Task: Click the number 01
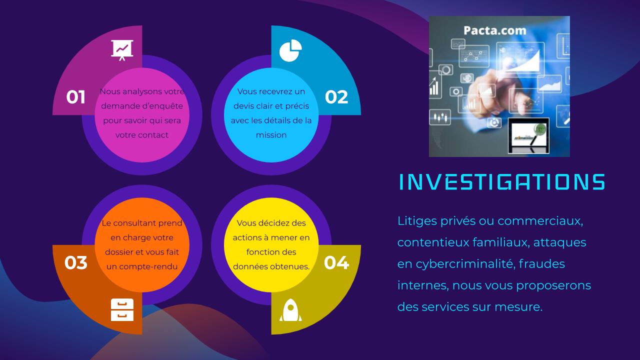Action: pos(76,96)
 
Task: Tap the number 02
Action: pos(336,96)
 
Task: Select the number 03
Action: pos(76,262)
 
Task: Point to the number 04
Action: pos(336,262)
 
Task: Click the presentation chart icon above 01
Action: pos(122,50)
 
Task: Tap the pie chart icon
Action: pos(290,50)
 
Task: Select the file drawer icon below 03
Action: pos(122,309)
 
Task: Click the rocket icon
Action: pos(290,310)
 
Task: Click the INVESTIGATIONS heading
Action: pos(501,182)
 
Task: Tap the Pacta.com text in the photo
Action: pos(494,31)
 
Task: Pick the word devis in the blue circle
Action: pos(244,106)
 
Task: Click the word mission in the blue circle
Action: pos(271,135)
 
